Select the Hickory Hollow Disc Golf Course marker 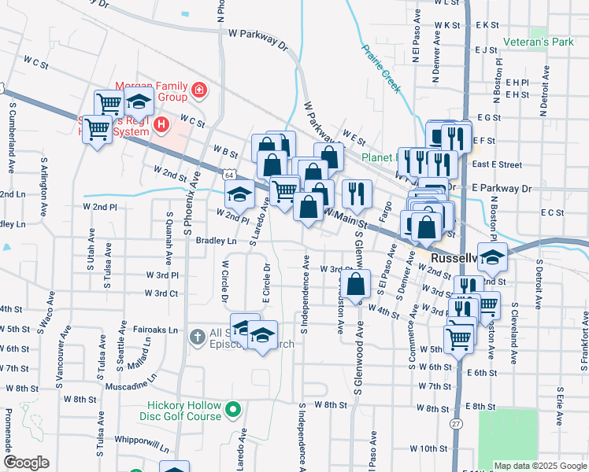tap(232, 409)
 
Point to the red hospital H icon tap(162, 124)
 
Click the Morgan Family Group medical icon tap(199, 90)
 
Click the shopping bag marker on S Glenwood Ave tap(357, 285)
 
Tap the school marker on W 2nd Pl tap(240, 192)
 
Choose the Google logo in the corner tap(27, 463)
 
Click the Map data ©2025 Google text tap(539, 466)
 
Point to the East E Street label tap(497, 165)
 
